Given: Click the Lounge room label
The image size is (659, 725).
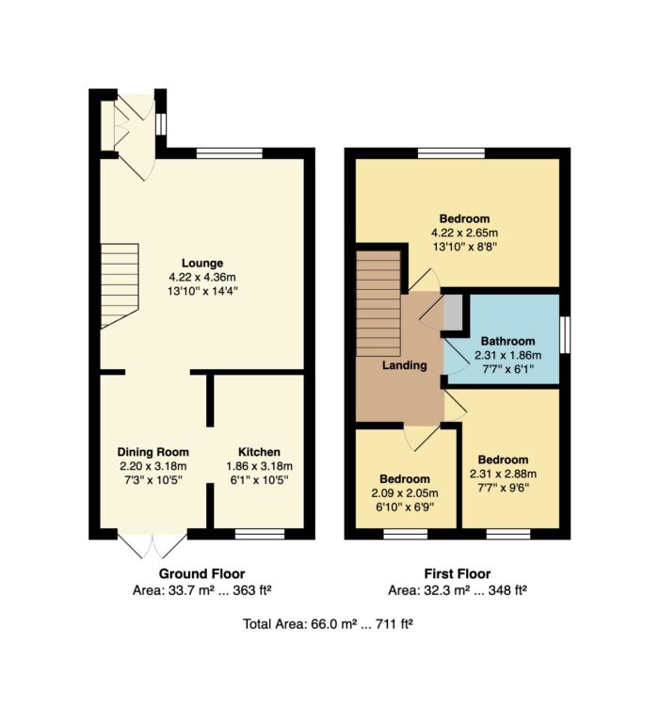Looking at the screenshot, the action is pyautogui.click(x=202, y=263).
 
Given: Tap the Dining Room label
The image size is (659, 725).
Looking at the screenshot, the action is pyautogui.click(x=153, y=452).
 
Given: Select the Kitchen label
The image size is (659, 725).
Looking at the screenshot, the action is pyautogui.click(x=259, y=452).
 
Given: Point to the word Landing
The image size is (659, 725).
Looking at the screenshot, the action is pyautogui.click(x=404, y=365).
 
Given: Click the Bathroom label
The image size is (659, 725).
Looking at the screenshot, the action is pyautogui.click(x=507, y=341).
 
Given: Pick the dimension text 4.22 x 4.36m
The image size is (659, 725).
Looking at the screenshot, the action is pyautogui.click(x=202, y=278).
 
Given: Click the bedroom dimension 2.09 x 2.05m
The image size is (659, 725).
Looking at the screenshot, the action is pyautogui.click(x=405, y=493).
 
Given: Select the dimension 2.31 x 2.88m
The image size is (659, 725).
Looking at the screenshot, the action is pyautogui.click(x=503, y=474).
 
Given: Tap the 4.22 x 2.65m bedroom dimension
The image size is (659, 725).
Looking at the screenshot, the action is pyautogui.click(x=464, y=233).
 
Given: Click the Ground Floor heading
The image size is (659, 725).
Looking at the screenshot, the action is pyautogui.click(x=201, y=574).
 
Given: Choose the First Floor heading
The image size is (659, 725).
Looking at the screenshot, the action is pyautogui.click(x=458, y=574).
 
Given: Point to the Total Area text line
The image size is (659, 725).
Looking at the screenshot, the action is pyautogui.click(x=328, y=624).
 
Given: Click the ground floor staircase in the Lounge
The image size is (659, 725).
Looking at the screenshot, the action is pyautogui.click(x=120, y=285).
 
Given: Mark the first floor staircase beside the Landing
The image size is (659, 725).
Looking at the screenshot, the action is pyautogui.click(x=378, y=304).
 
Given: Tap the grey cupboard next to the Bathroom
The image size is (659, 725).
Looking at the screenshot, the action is pyautogui.click(x=453, y=313).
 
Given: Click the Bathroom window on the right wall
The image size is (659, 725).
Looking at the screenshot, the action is pyautogui.click(x=565, y=335).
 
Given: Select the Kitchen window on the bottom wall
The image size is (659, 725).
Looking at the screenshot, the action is pyautogui.click(x=260, y=534).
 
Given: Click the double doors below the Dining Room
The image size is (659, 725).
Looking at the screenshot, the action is pyautogui.click(x=153, y=545).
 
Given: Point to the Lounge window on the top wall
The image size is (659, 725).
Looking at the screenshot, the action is pyautogui.click(x=230, y=153).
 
